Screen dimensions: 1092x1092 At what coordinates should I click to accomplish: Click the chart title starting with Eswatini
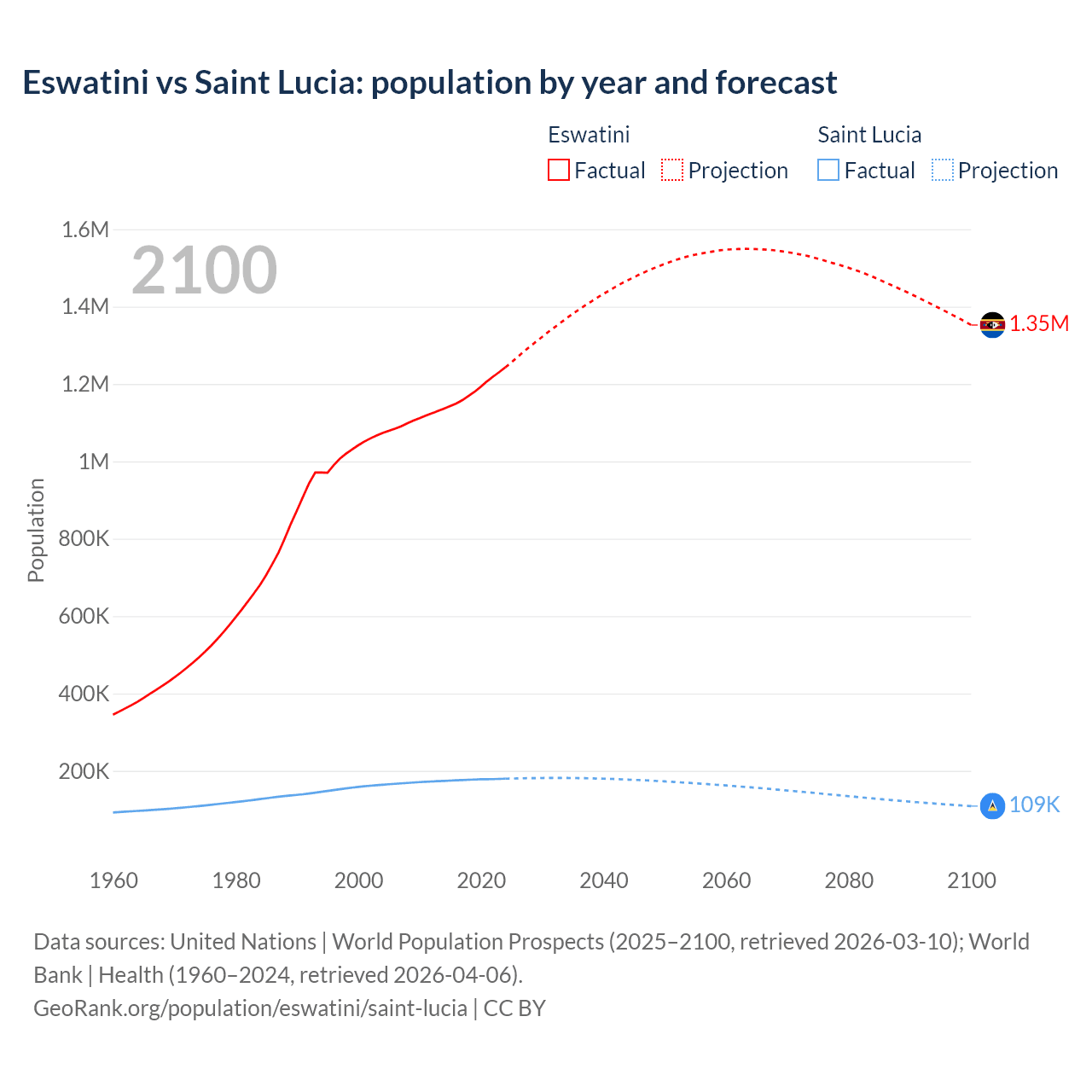click(x=429, y=83)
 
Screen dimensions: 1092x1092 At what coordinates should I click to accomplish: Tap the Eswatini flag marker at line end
click(x=992, y=325)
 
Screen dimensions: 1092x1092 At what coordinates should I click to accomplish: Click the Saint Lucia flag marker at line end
click(x=992, y=805)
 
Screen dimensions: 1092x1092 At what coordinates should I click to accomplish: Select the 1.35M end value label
click(x=1039, y=324)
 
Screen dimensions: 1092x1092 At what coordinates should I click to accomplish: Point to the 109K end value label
click(x=1034, y=805)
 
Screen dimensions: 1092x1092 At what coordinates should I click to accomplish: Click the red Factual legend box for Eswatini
click(x=558, y=171)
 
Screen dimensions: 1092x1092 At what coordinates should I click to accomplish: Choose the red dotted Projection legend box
click(x=672, y=171)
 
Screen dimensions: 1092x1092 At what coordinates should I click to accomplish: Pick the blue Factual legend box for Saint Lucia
click(x=828, y=171)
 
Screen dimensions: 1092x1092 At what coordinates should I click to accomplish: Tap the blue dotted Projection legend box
click(x=942, y=171)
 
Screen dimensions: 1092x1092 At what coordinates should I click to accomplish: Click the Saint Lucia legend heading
click(x=869, y=135)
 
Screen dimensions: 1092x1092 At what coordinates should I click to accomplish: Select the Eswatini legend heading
click(x=589, y=135)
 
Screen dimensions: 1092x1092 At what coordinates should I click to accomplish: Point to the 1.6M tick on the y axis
click(x=85, y=229)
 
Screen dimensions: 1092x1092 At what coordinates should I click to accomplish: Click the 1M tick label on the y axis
click(x=94, y=462)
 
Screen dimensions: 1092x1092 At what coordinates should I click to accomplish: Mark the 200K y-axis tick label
click(x=84, y=772)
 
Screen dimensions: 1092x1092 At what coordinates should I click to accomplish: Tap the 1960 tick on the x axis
click(x=113, y=880)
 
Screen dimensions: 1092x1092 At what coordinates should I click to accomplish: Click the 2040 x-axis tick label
click(x=604, y=880)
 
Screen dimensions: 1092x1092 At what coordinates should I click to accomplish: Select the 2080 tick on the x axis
click(x=849, y=880)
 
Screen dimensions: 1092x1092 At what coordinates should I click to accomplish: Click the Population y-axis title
click(x=36, y=530)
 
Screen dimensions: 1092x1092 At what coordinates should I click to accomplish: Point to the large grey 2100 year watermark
click(x=204, y=270)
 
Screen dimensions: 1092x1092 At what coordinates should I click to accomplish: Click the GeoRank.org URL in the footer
click(x=250, y=1008)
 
